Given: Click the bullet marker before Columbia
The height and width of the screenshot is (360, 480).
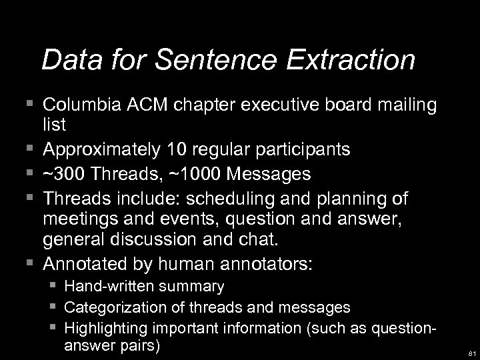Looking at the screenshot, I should pos(28,105).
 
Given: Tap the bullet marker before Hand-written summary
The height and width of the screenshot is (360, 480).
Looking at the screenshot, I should pos(51,287).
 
